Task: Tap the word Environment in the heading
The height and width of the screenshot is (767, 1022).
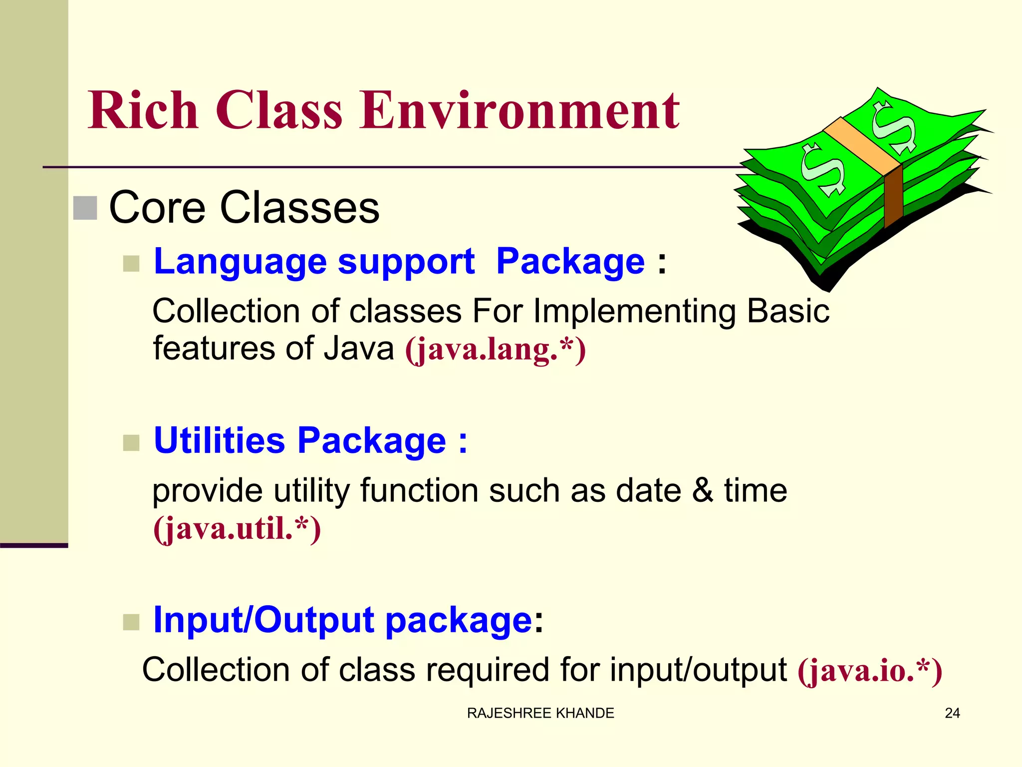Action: [519, 110]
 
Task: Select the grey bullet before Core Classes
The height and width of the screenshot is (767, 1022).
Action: [85, 208]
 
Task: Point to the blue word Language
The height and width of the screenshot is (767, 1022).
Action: [240, 263]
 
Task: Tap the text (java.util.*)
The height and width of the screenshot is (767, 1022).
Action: [237, 529]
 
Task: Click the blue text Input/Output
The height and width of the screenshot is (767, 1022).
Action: [263, 620]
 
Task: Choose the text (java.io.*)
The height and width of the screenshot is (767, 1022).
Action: [869, 671]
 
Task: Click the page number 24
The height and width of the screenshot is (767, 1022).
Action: [952, 713]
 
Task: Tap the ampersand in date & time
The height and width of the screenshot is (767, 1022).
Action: [702, 490]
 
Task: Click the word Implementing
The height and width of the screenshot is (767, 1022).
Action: [634, 312]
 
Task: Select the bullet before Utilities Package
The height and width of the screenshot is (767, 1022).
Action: [131, 442]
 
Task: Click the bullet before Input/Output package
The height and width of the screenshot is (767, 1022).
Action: [131, 622]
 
